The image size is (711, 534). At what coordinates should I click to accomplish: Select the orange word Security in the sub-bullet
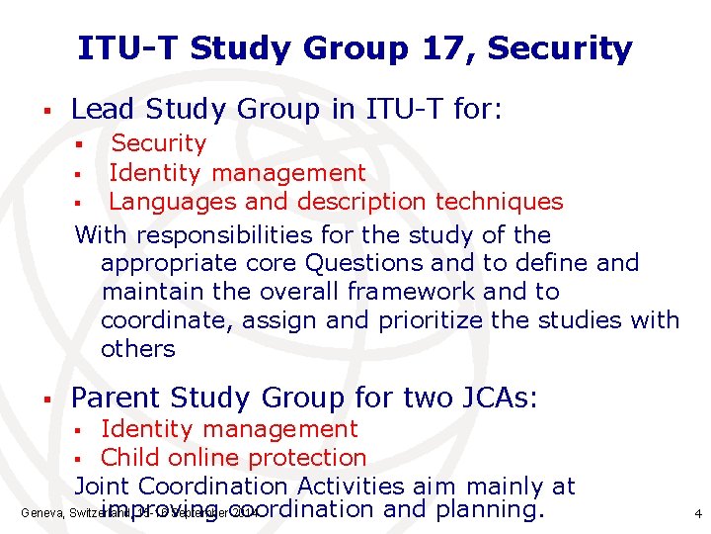pos(158,143)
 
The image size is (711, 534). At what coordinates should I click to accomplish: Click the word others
pos(137,349)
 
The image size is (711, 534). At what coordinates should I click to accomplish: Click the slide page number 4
pos(697,514)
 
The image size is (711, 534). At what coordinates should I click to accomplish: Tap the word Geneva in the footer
pos(40,514)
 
